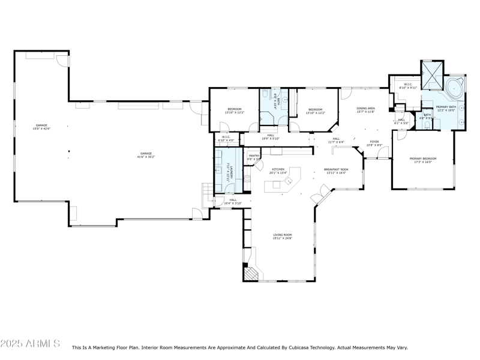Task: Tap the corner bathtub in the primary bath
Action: coord(454,88)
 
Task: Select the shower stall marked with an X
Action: coord(431,76)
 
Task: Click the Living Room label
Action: coord(282,237)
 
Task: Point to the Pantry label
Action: coord(254,157)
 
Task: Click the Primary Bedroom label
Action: coord(423,160)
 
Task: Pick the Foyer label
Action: coord(374,143)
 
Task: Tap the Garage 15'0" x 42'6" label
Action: coord(41,127)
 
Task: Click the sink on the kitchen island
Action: coord(277,184)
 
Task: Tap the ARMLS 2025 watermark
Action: coord(30,344)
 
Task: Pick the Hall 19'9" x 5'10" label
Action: coord(271,137)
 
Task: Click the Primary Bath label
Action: coord(446,109)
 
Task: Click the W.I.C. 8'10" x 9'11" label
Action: coord(407,86)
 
